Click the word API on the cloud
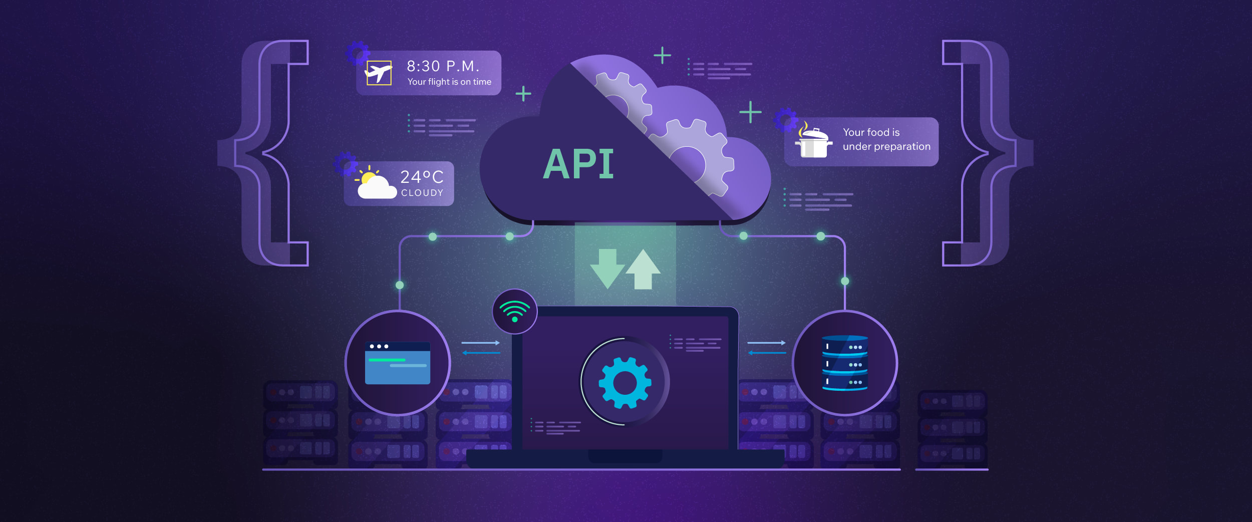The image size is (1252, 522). tap(578, 164)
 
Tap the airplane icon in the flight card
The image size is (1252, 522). tap(379, 73)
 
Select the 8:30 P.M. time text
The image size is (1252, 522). tap(443, 66)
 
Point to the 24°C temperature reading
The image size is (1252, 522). tap(422, 177)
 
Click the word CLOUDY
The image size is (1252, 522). tap(422, 193)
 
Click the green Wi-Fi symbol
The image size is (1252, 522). tap(514, 311)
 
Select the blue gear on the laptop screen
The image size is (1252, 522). tap(624, 382)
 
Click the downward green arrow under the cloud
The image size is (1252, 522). tap(607, 268)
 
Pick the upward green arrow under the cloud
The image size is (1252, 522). tap(643, 269)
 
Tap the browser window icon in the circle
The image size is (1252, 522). tap(398, 363)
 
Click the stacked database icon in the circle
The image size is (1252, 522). tap(845, 363)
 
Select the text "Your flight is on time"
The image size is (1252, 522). tap(449, 82)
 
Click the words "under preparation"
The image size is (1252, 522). tap(886, 146)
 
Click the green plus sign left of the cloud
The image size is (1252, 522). tap(523, 94)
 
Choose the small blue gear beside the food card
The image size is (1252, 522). tap(785, 119)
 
